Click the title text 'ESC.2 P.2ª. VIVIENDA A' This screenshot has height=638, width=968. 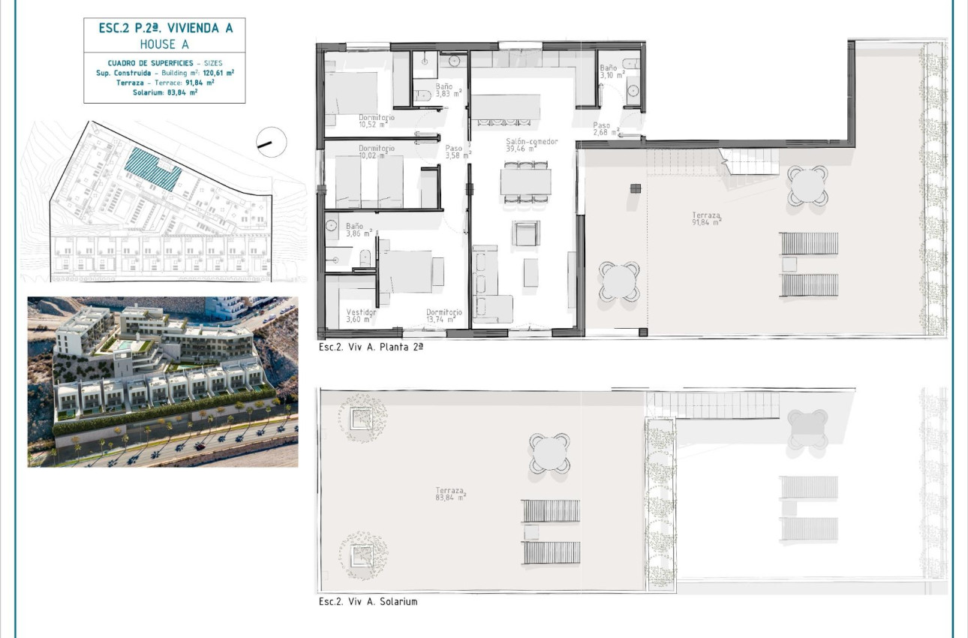(166, 29)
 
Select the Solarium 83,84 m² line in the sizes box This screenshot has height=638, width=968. (164, 92)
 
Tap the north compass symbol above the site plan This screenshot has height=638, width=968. (271, 141)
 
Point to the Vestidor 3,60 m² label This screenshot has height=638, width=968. (361, 316)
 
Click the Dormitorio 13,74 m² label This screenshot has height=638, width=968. (444, 316)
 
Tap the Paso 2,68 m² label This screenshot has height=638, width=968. (605, 130)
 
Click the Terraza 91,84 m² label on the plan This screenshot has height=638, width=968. (706, 218)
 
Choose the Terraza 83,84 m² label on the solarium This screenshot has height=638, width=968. (450, 494)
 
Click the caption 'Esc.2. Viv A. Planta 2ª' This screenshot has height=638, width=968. (371, 348)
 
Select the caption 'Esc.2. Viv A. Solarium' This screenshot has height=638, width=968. (368, 602)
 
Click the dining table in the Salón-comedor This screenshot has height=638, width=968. (526, 182)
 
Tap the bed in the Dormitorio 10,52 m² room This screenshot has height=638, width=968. (352, 93)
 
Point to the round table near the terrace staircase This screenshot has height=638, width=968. (808, 185)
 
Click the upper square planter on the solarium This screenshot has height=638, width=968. (363, 414)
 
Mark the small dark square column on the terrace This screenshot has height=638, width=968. (636, 188)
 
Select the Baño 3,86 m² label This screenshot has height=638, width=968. (355, 230)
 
